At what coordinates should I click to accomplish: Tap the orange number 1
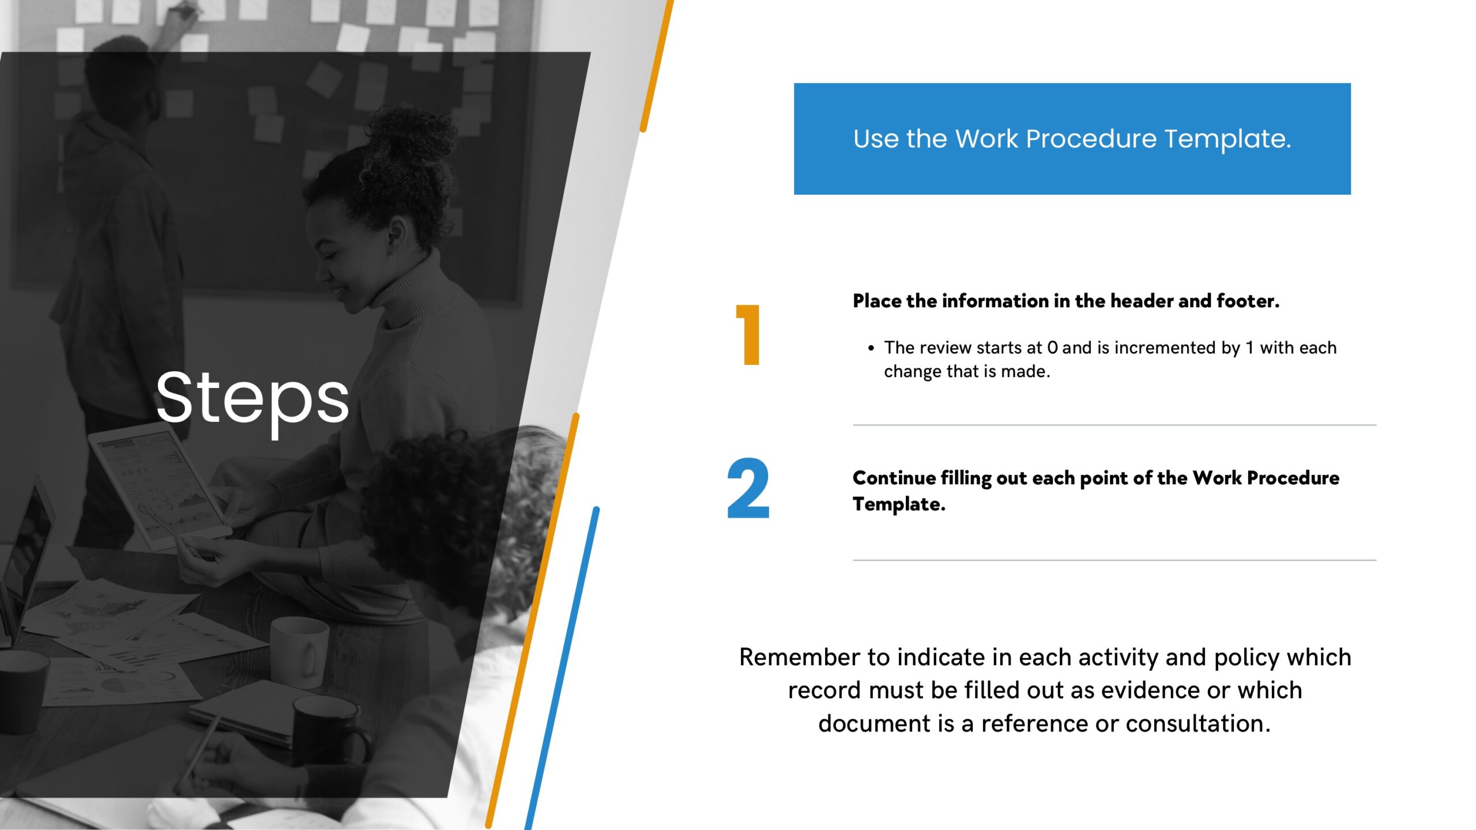coord(748,335)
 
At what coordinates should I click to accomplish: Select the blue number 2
coord(748,489)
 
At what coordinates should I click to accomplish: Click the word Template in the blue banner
coord(1228,139)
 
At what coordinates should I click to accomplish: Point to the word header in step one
coord(1139,301)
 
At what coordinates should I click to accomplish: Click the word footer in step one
coord(1248,301)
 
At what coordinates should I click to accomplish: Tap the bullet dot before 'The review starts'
coord(871,348)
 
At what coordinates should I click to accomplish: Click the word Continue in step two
coord(894,478)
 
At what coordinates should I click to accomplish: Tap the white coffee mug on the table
coord(299,652)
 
